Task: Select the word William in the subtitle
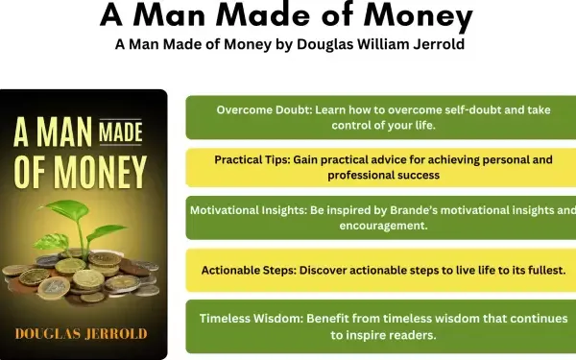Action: click(372, 43)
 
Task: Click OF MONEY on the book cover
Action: click(81, 174)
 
